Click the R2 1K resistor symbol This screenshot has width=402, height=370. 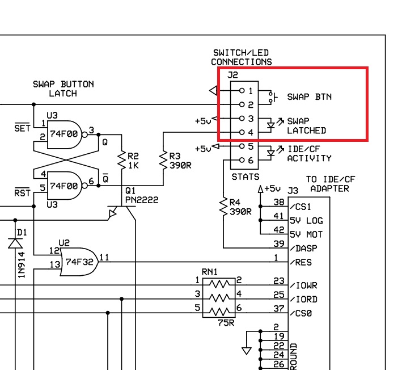tap(121, 161)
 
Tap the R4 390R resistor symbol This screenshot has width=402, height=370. tap(223, 208)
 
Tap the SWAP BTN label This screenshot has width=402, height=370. tap(309, 96)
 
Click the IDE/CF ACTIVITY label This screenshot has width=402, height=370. tap(309, 154)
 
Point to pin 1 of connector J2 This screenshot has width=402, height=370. tap(241, 90)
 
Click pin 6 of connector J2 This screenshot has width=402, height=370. tap(241, 161)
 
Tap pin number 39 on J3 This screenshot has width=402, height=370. tap(278, 243)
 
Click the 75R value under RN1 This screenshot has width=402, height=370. tap(225, 322)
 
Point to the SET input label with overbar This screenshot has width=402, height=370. tap(22, 128)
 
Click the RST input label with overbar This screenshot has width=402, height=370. tap(22, 194)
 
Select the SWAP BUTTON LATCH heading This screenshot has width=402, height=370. tap(64, 89)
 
